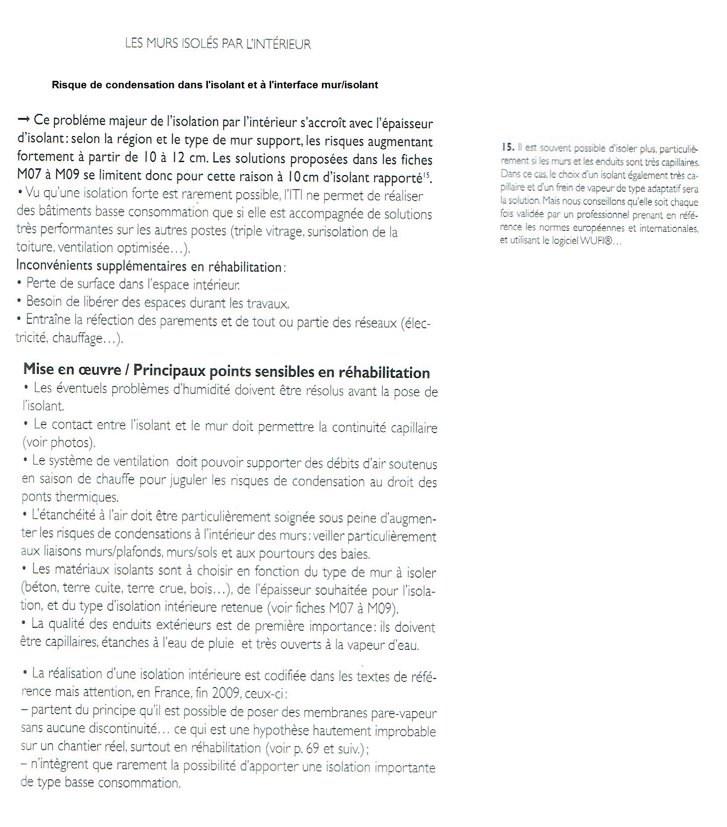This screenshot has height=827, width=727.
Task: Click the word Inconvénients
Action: (x=53, y=265)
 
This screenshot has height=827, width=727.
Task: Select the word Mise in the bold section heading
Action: (x=39, y=369)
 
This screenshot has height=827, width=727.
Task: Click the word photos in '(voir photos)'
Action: (x=72, y=443)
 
